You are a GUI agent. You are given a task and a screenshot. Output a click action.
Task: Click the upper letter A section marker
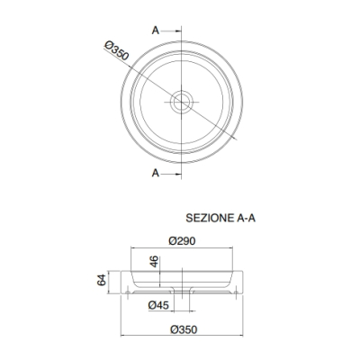[155, 31]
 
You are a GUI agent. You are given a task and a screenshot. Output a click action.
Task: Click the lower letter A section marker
[155, 173]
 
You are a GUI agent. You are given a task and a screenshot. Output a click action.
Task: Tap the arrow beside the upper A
[172, 31]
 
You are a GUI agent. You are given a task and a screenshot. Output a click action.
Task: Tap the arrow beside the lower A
[172, 174]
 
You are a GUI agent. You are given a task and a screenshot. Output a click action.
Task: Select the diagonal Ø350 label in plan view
[117, 50]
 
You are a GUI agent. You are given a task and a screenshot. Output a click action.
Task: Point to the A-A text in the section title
[246, 218]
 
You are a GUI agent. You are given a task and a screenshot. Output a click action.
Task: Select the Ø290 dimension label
[182, 240]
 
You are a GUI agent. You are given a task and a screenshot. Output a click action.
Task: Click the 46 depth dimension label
[154, 261]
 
